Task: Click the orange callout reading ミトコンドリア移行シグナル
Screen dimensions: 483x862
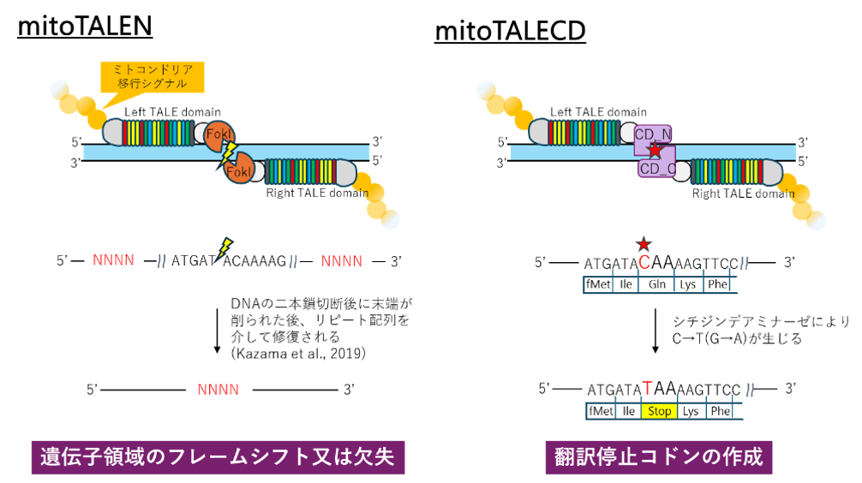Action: [x=153, y=77]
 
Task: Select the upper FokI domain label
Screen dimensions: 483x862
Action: [x=218, y=134]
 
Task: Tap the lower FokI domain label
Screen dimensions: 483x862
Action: [x=239, y=171]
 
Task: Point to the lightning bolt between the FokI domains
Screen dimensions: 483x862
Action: [x=228, y=154]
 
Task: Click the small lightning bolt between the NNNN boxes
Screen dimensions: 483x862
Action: [x=224, y=249]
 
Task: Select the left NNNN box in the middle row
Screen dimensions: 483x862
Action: [x=114, y=261]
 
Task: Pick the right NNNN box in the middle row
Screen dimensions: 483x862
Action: [x=342, y=261]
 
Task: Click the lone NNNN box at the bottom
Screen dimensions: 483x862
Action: [x=218, y=390]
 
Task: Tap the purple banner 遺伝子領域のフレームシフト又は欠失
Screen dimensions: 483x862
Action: [x=218, y=456]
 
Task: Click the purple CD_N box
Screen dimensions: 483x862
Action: [x=653, y=134]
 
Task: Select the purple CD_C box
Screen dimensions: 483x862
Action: [x=657, y=169]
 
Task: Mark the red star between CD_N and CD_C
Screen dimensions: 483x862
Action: [x=655, y=151]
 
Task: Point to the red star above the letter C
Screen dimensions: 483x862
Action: [x=644, y=243]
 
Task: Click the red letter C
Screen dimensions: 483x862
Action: [x=644, y=263]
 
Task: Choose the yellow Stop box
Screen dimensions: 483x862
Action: [x=659, y=411]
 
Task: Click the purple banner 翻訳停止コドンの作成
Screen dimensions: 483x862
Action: [x=658, y=456]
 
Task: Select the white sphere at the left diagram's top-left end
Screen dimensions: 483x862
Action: [x=59, y=89]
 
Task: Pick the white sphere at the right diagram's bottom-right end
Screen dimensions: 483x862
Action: [x=816, y=220]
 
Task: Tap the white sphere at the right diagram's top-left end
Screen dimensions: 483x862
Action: [x=486, y=89]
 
